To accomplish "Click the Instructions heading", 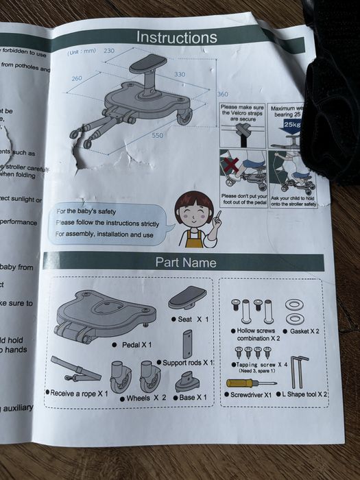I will (x=176, y=37).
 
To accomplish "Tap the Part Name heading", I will (x=185, y=263).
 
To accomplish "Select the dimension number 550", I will (x=158, y=135).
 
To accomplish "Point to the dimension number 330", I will (x=179, y=73).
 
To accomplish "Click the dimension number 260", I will (x=76, y=78).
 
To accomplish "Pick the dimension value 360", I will (x=222, y=94).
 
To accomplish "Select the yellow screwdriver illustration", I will (x=250, y=382).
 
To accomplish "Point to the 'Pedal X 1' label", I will (x=136, y=344).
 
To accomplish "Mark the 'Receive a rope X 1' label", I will (x=77, y=393).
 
